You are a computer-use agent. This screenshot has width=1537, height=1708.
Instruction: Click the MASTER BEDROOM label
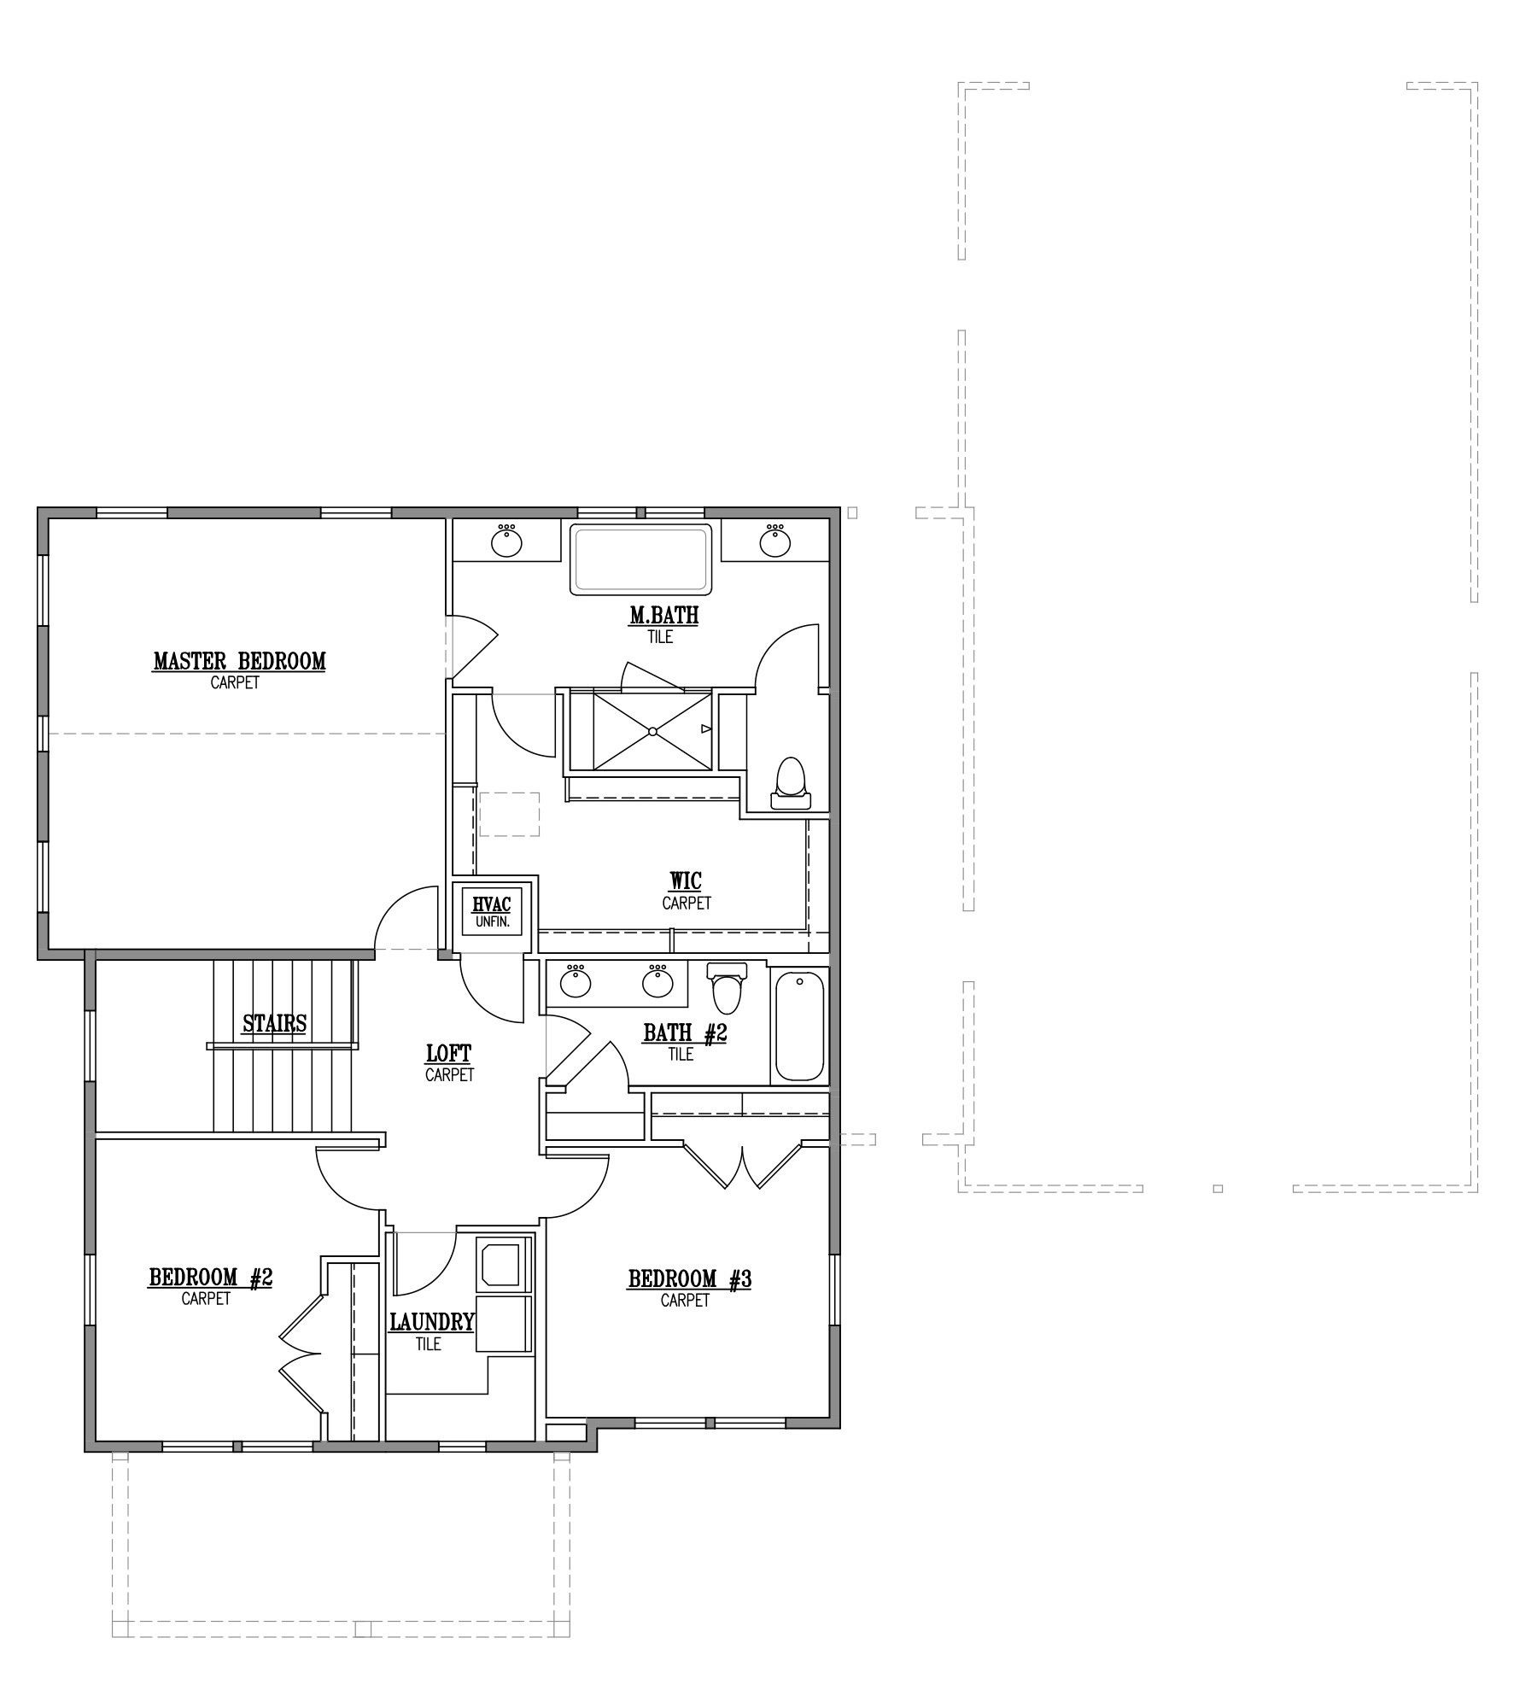tap(239, 661)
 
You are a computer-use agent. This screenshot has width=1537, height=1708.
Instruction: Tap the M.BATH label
tap(663, 615)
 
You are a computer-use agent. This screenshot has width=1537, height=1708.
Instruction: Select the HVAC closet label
tap(491, 904)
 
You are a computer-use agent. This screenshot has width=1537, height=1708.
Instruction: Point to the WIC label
tap(686, 880)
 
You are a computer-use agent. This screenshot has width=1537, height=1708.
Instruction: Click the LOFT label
tap(448, 1054)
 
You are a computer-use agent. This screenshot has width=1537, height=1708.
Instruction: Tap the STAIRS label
tap(274, 1023)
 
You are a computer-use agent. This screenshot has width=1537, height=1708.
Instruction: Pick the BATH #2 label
tap(685, 1033)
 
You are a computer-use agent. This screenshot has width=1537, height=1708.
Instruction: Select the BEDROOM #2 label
tap(210, 1278)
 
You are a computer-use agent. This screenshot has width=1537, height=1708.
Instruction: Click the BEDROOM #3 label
tap(689, 1279)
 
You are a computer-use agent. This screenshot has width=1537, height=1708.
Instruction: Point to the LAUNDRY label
tap(432, 1323)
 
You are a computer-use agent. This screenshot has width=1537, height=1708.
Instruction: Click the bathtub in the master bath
tap(641, 559)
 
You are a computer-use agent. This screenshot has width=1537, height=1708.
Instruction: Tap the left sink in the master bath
tap(506, 541)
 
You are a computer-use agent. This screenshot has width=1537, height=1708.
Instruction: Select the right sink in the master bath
tap(774, 541)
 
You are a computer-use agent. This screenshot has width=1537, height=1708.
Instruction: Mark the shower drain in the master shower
tap(652, 731)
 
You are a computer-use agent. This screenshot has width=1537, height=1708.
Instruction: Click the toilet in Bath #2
tap(728, 986)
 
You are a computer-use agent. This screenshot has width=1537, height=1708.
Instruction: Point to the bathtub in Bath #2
tap(799, 1027)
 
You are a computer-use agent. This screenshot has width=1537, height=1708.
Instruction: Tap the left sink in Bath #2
tap(576, 981)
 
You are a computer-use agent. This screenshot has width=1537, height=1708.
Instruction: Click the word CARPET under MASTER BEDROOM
tap(235, 683)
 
